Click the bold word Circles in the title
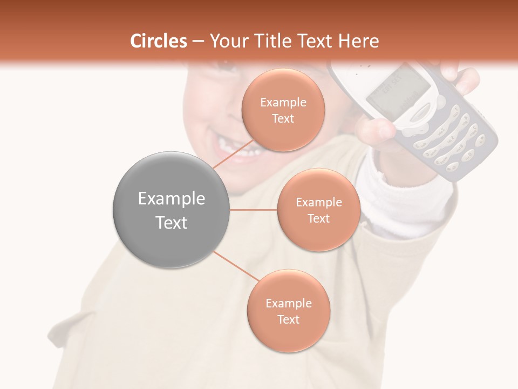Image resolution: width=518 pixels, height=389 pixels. click(x=158, y=41)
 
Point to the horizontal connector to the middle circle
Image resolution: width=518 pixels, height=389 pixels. click(x=254, y=210)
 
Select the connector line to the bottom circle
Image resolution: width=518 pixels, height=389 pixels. click(x=235, y=266)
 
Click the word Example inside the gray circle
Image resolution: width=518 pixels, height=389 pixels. click(x=171, y=199)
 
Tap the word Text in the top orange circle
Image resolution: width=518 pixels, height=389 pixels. click(x=283, y=119)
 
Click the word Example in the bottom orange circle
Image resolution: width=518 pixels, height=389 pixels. click(x=288, y=304)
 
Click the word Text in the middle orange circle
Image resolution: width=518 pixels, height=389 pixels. click(x=318, y=218)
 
